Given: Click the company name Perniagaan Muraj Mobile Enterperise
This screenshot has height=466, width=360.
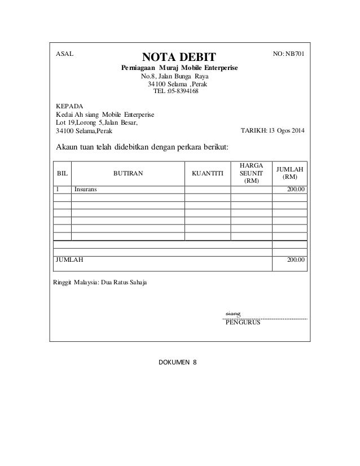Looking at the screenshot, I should coord(179,68).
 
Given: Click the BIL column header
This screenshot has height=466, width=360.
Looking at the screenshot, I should coord(62,175).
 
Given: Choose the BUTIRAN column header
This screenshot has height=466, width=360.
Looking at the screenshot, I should coord(128,175).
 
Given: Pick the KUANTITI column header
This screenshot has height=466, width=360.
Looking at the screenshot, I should coord(208,175).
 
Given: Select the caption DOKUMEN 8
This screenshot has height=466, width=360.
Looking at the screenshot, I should coord(179,362).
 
